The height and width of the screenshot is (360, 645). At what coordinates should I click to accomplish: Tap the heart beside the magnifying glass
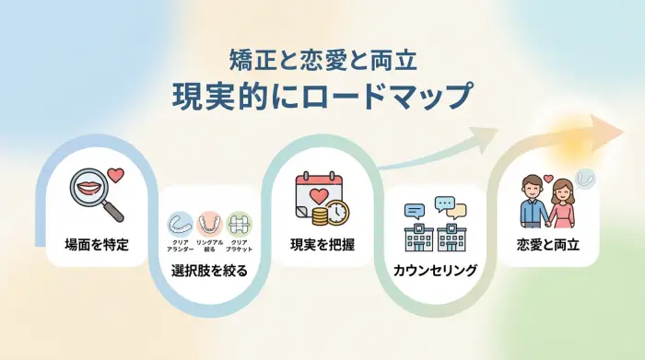pyautogui.click(x=115, y=174)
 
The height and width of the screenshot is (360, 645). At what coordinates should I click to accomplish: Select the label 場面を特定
pyautogui.click(x=97, y=245)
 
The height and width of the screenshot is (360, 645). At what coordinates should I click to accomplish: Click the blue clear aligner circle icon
pyautogui.click(x=179, y=224)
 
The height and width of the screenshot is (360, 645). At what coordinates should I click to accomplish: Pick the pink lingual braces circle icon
pyautogui.click(x=209, y=224)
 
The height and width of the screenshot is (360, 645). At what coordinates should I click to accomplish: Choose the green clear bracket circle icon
pyautogui.click(x=239, y=224)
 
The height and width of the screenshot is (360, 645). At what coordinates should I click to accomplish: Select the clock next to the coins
pyautogui.click(x=338, y=213)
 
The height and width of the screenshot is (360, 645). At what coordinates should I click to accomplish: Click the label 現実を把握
pyautogui.click(x=322, y=245)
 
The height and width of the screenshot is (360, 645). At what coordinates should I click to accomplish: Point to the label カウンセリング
pyautogui.click(x=435, y=271)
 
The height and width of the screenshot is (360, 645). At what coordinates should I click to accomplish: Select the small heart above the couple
pyautogui.click(x=547, y=179)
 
